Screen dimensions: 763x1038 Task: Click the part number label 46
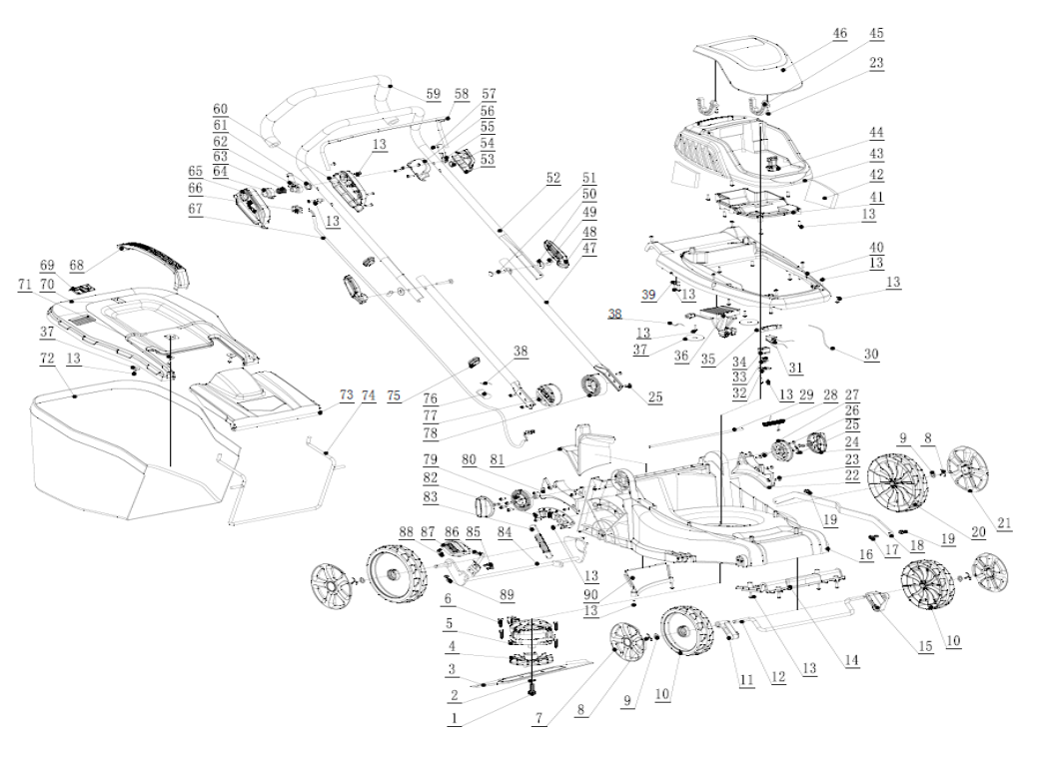pos(839,34)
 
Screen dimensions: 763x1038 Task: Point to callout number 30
pos(871,354)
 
